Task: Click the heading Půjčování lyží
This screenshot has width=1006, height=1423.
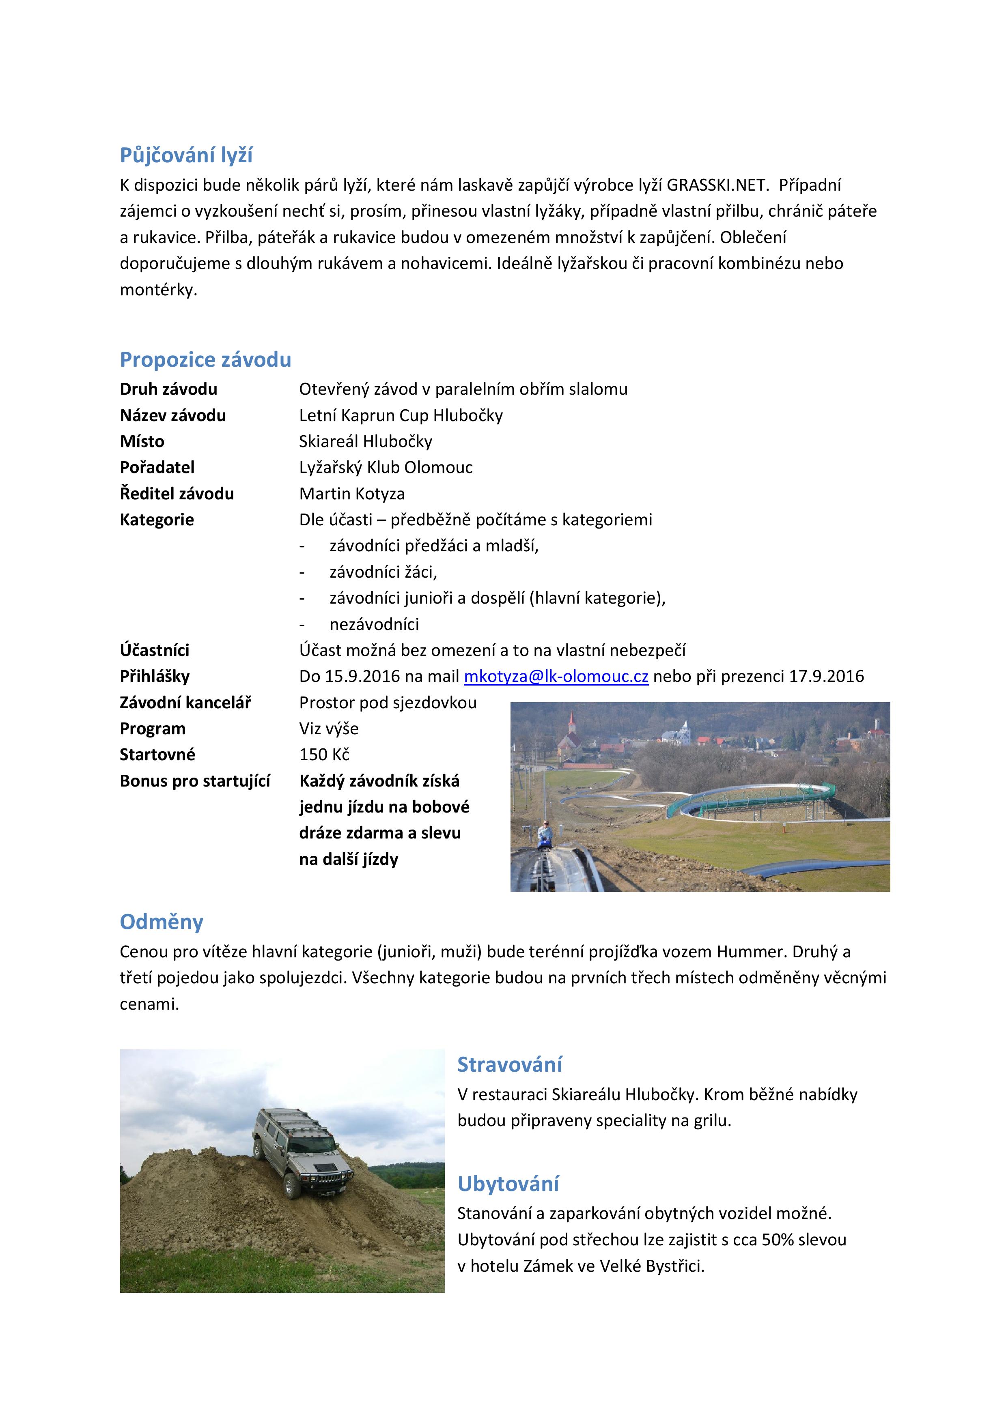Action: (186, 155)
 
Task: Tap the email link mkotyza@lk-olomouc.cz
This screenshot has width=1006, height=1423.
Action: (556, 676)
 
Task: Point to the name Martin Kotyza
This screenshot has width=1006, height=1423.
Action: (351, 494)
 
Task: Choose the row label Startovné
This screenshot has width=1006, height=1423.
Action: (157, 755)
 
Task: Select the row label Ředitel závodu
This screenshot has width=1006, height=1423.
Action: (177, 494)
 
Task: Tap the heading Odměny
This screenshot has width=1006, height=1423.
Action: (161, 922)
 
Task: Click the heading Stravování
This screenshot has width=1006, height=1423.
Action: (510, 1065)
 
